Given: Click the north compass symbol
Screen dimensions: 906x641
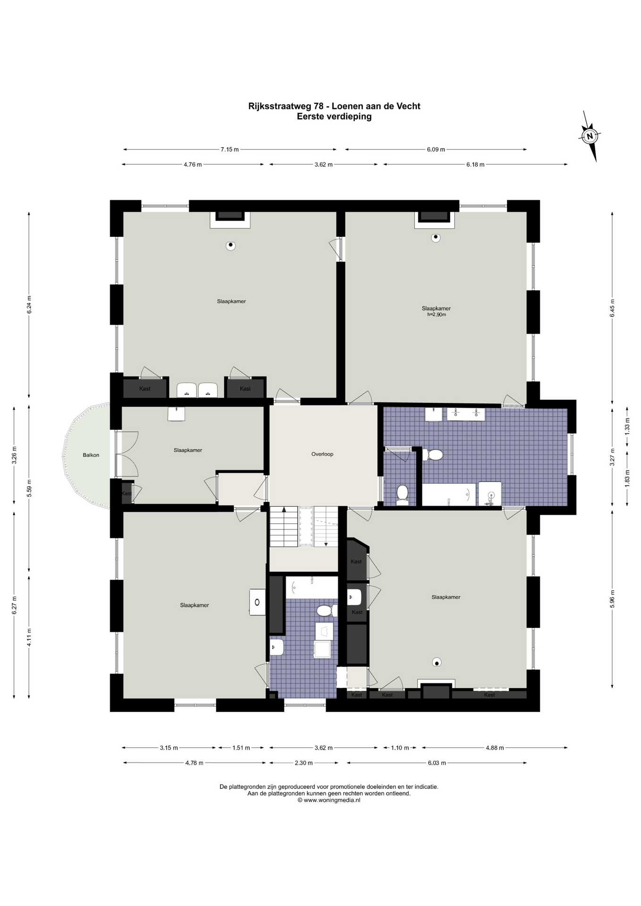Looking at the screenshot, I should pos(590,136).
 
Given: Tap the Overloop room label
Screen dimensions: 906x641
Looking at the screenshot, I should pos(322,454).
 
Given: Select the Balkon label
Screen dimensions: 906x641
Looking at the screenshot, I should pos(91,455).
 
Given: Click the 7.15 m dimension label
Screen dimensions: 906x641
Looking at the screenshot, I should pos(229,150).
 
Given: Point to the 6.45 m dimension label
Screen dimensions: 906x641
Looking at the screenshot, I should pos(612,308).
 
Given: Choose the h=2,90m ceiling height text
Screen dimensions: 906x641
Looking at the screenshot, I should pos(436,315).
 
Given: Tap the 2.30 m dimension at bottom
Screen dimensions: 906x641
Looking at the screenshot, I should pos(304,763).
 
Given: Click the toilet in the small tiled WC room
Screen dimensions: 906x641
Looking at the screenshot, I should pos(402,494).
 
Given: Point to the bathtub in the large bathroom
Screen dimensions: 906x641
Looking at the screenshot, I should pos(448,495).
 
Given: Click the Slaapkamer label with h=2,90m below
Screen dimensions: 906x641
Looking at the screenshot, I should pos(436,309).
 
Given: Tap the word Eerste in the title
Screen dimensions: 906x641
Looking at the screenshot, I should pos(310,117).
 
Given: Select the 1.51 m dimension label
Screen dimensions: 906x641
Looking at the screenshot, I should pos(241,748).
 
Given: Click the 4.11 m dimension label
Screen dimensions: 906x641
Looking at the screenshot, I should pos(29,637).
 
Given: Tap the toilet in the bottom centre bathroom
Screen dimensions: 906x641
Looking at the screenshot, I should pos(325,611).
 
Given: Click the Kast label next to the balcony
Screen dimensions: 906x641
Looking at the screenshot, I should pos(127,494).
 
